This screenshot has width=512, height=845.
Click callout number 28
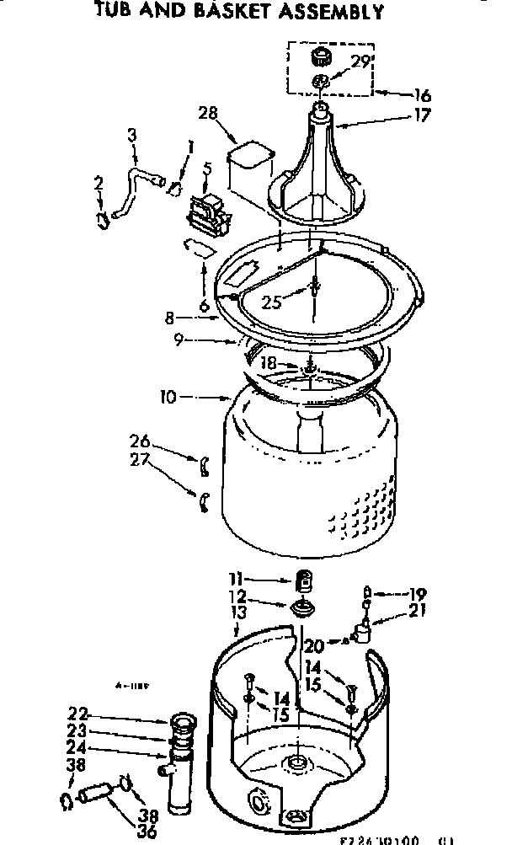tap(208, 113)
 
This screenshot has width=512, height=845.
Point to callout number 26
tap(140, 440)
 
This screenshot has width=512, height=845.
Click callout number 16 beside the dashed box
tap(422, 95)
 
